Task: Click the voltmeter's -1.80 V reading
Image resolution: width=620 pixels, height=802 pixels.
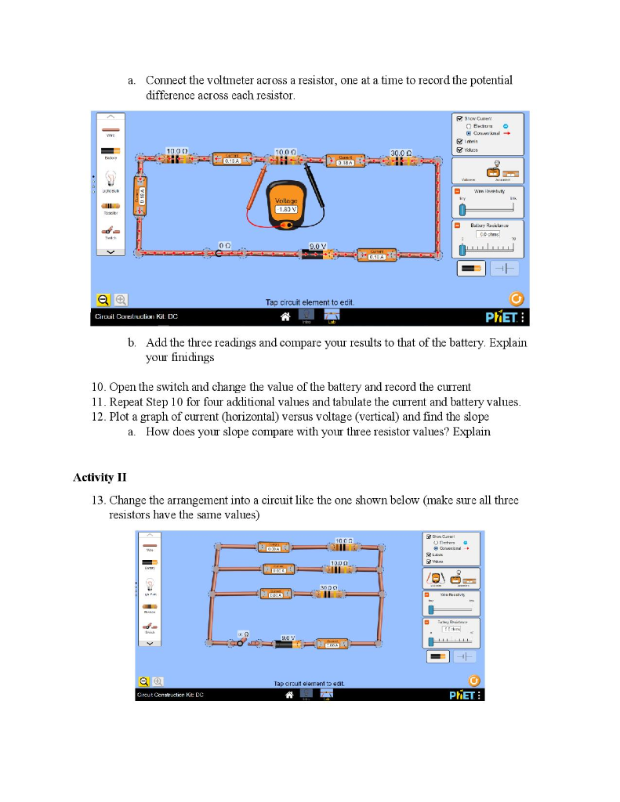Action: [x=286, y=209]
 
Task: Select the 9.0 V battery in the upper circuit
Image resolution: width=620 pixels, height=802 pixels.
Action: [x=320, y=254]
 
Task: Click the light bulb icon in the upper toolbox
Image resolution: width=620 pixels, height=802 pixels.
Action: [x=110, y=178]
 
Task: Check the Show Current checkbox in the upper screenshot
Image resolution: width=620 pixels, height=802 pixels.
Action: [x=460, y=118]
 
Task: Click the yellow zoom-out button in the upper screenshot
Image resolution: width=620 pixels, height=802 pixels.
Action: [x=103, y=299]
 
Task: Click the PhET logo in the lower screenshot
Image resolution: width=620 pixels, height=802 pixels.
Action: [x=461, y=695]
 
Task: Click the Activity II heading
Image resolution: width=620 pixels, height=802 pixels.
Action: [x=100, y=477]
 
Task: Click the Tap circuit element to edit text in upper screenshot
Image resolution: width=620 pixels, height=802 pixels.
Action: [x=310, y=302]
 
